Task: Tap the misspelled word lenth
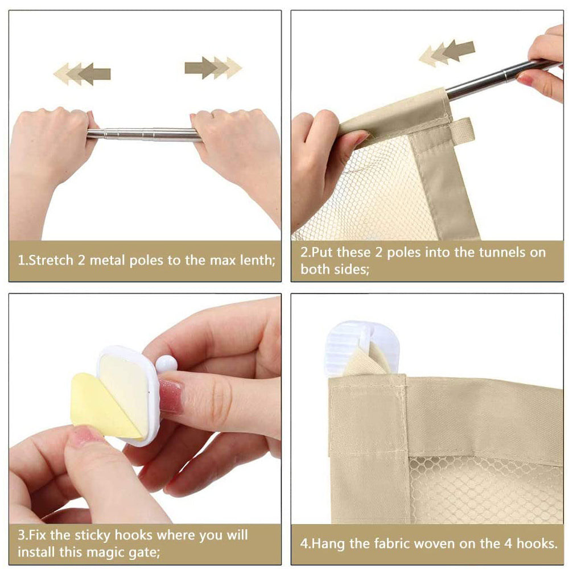[258, 260]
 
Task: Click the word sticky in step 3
[92, 535]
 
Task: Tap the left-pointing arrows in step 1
[82, 74]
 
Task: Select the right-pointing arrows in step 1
[213, 68]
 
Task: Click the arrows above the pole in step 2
[447, 53]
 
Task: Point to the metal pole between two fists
[144, 134]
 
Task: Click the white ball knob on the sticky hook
[166, 364]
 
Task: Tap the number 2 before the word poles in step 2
[378, 252]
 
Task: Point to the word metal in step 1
[108, 260]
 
